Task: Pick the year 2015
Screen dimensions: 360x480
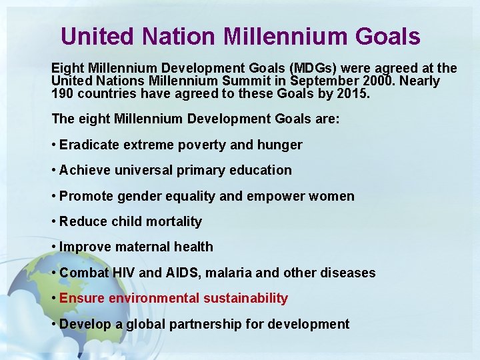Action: (352, 94)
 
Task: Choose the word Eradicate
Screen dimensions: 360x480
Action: (89, 145)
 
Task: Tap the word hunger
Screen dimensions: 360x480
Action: (280, 145)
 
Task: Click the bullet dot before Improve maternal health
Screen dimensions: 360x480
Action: (53, 247)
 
